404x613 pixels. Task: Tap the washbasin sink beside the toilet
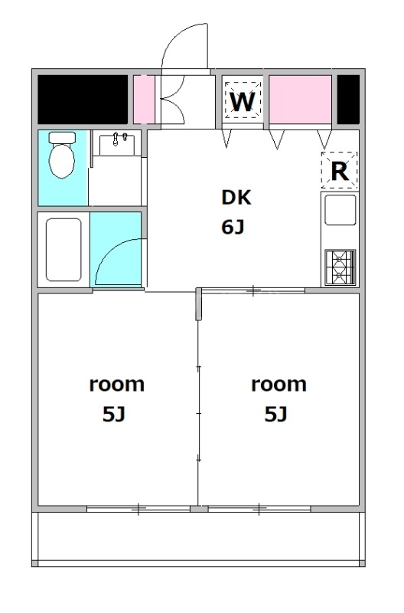point(117,144)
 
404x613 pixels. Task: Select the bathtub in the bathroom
point(64,250)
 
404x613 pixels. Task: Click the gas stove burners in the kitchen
point(340,267)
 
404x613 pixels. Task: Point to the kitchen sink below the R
point(340,209)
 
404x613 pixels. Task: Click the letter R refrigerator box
point(339,171)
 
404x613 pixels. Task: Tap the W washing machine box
point(243,101)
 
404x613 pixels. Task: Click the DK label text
point(236,197)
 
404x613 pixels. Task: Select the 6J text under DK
point(233,228)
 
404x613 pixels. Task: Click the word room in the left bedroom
point(117,384)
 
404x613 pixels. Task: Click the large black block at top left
point(83,100)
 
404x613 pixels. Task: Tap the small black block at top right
point(348,100)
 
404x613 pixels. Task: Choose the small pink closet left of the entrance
point(144,100)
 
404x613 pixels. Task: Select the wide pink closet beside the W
point(300,100)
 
